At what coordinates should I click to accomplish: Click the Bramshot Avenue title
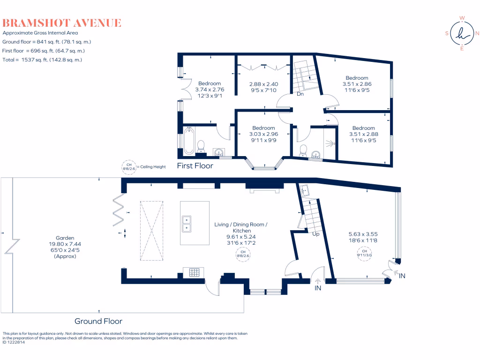(62, 22)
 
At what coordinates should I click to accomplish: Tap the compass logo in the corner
(462, 33)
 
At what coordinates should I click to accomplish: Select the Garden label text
(64, 238)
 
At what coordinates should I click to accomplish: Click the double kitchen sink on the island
(187, 224)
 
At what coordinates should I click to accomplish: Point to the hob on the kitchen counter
(194, 271)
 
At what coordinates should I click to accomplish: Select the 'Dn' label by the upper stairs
(300, 94)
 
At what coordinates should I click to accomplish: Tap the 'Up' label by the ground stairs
(315, 234)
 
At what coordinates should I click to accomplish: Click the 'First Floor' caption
(195, 165)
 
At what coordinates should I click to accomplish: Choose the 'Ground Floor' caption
(98, 321)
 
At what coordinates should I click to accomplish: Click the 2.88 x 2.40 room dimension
(263, 84)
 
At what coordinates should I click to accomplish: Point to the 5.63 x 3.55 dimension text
(363, 233)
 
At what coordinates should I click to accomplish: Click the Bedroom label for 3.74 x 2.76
(209, 83)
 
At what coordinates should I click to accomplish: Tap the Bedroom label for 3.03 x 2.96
(263, 128)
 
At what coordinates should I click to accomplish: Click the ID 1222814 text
(14, 342)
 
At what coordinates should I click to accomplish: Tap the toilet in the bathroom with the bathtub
(201, 146)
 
